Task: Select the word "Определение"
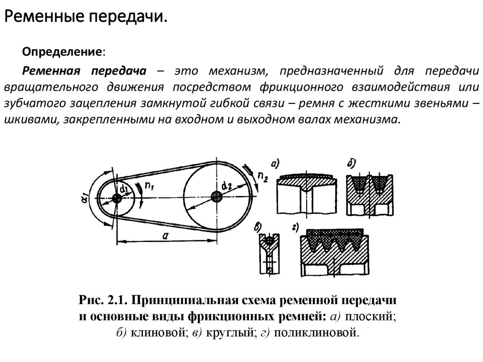64,51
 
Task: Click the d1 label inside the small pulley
124,189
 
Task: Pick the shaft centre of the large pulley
217,196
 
